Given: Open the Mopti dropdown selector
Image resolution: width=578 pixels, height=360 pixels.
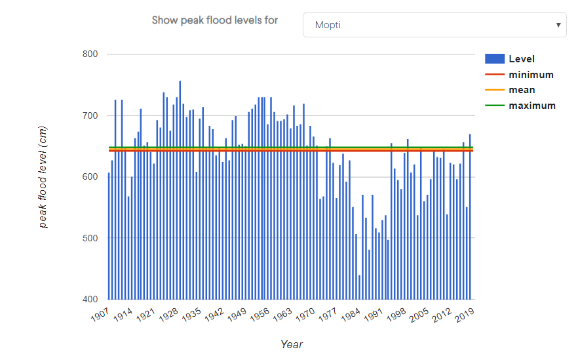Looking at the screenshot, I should click(x=434, y=25).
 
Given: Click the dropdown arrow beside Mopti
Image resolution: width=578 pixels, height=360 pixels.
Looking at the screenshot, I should click(x=558, y=25).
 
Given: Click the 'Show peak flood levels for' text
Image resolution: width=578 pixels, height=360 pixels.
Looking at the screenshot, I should click(x=215, y=20).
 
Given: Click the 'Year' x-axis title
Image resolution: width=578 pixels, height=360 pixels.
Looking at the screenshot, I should click(x=292, y=344).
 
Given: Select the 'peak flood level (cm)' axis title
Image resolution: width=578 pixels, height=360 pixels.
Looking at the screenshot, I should click(x=43, y=177).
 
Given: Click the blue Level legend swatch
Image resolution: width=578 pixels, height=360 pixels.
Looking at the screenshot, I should click(x=495, y=59).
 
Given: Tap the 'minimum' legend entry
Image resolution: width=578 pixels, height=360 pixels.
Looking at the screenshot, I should click(x=531, y=75).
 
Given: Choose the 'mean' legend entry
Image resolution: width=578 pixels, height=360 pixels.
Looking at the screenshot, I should click(x=522, y=90).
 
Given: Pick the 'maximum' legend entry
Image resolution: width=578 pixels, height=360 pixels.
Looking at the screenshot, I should click(x=532, y=106).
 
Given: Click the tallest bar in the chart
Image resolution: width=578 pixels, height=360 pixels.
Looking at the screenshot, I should click(x=180, y=190).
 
